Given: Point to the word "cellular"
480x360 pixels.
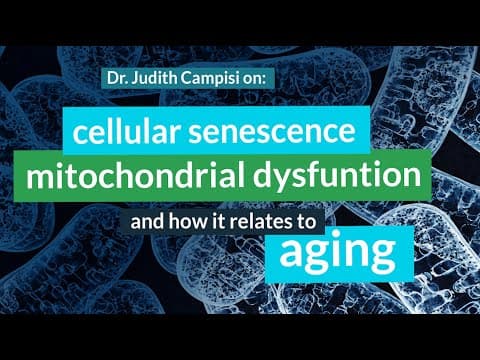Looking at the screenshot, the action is pos(125,131).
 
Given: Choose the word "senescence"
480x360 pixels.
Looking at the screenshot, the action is pos(272,132).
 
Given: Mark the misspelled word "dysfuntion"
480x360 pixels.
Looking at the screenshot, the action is pos(337,177).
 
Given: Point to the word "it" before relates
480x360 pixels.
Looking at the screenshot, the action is pos(218,222).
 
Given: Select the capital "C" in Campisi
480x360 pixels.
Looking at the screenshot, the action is pos(187,79).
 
